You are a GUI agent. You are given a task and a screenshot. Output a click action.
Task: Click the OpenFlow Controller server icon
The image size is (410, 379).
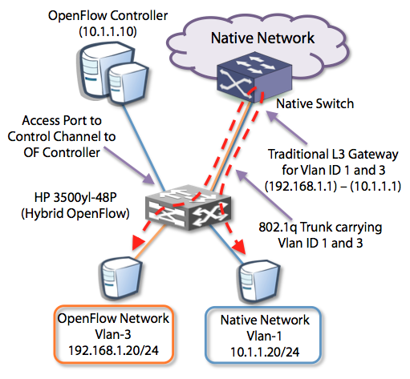point(114,74)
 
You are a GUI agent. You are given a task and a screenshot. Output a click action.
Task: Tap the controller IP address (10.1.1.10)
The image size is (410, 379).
point(108,32)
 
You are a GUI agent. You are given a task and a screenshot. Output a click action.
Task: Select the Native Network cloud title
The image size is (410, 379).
point(262,38)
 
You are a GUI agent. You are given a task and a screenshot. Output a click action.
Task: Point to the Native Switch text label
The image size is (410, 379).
point(315,103)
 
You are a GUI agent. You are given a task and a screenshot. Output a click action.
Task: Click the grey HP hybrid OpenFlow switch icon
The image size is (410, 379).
point(188,208)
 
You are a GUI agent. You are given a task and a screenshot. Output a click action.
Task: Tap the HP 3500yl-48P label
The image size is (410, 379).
point(75,197)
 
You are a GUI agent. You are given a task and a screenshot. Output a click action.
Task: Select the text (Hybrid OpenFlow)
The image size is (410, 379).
point(75,213)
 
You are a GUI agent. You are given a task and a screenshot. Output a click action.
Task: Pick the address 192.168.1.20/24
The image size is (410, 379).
point(114,350)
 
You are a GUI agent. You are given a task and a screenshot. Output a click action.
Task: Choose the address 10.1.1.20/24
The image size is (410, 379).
point(265,352)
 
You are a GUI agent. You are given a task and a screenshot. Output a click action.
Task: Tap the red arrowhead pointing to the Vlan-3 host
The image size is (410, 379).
point(138,243)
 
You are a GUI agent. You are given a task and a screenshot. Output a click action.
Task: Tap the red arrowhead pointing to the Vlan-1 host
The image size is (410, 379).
point(239,246)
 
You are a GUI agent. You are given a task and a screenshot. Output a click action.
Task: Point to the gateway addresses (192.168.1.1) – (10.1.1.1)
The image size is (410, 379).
point(333,186)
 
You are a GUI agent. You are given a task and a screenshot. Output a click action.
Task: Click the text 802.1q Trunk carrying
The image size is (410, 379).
point(320,228)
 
